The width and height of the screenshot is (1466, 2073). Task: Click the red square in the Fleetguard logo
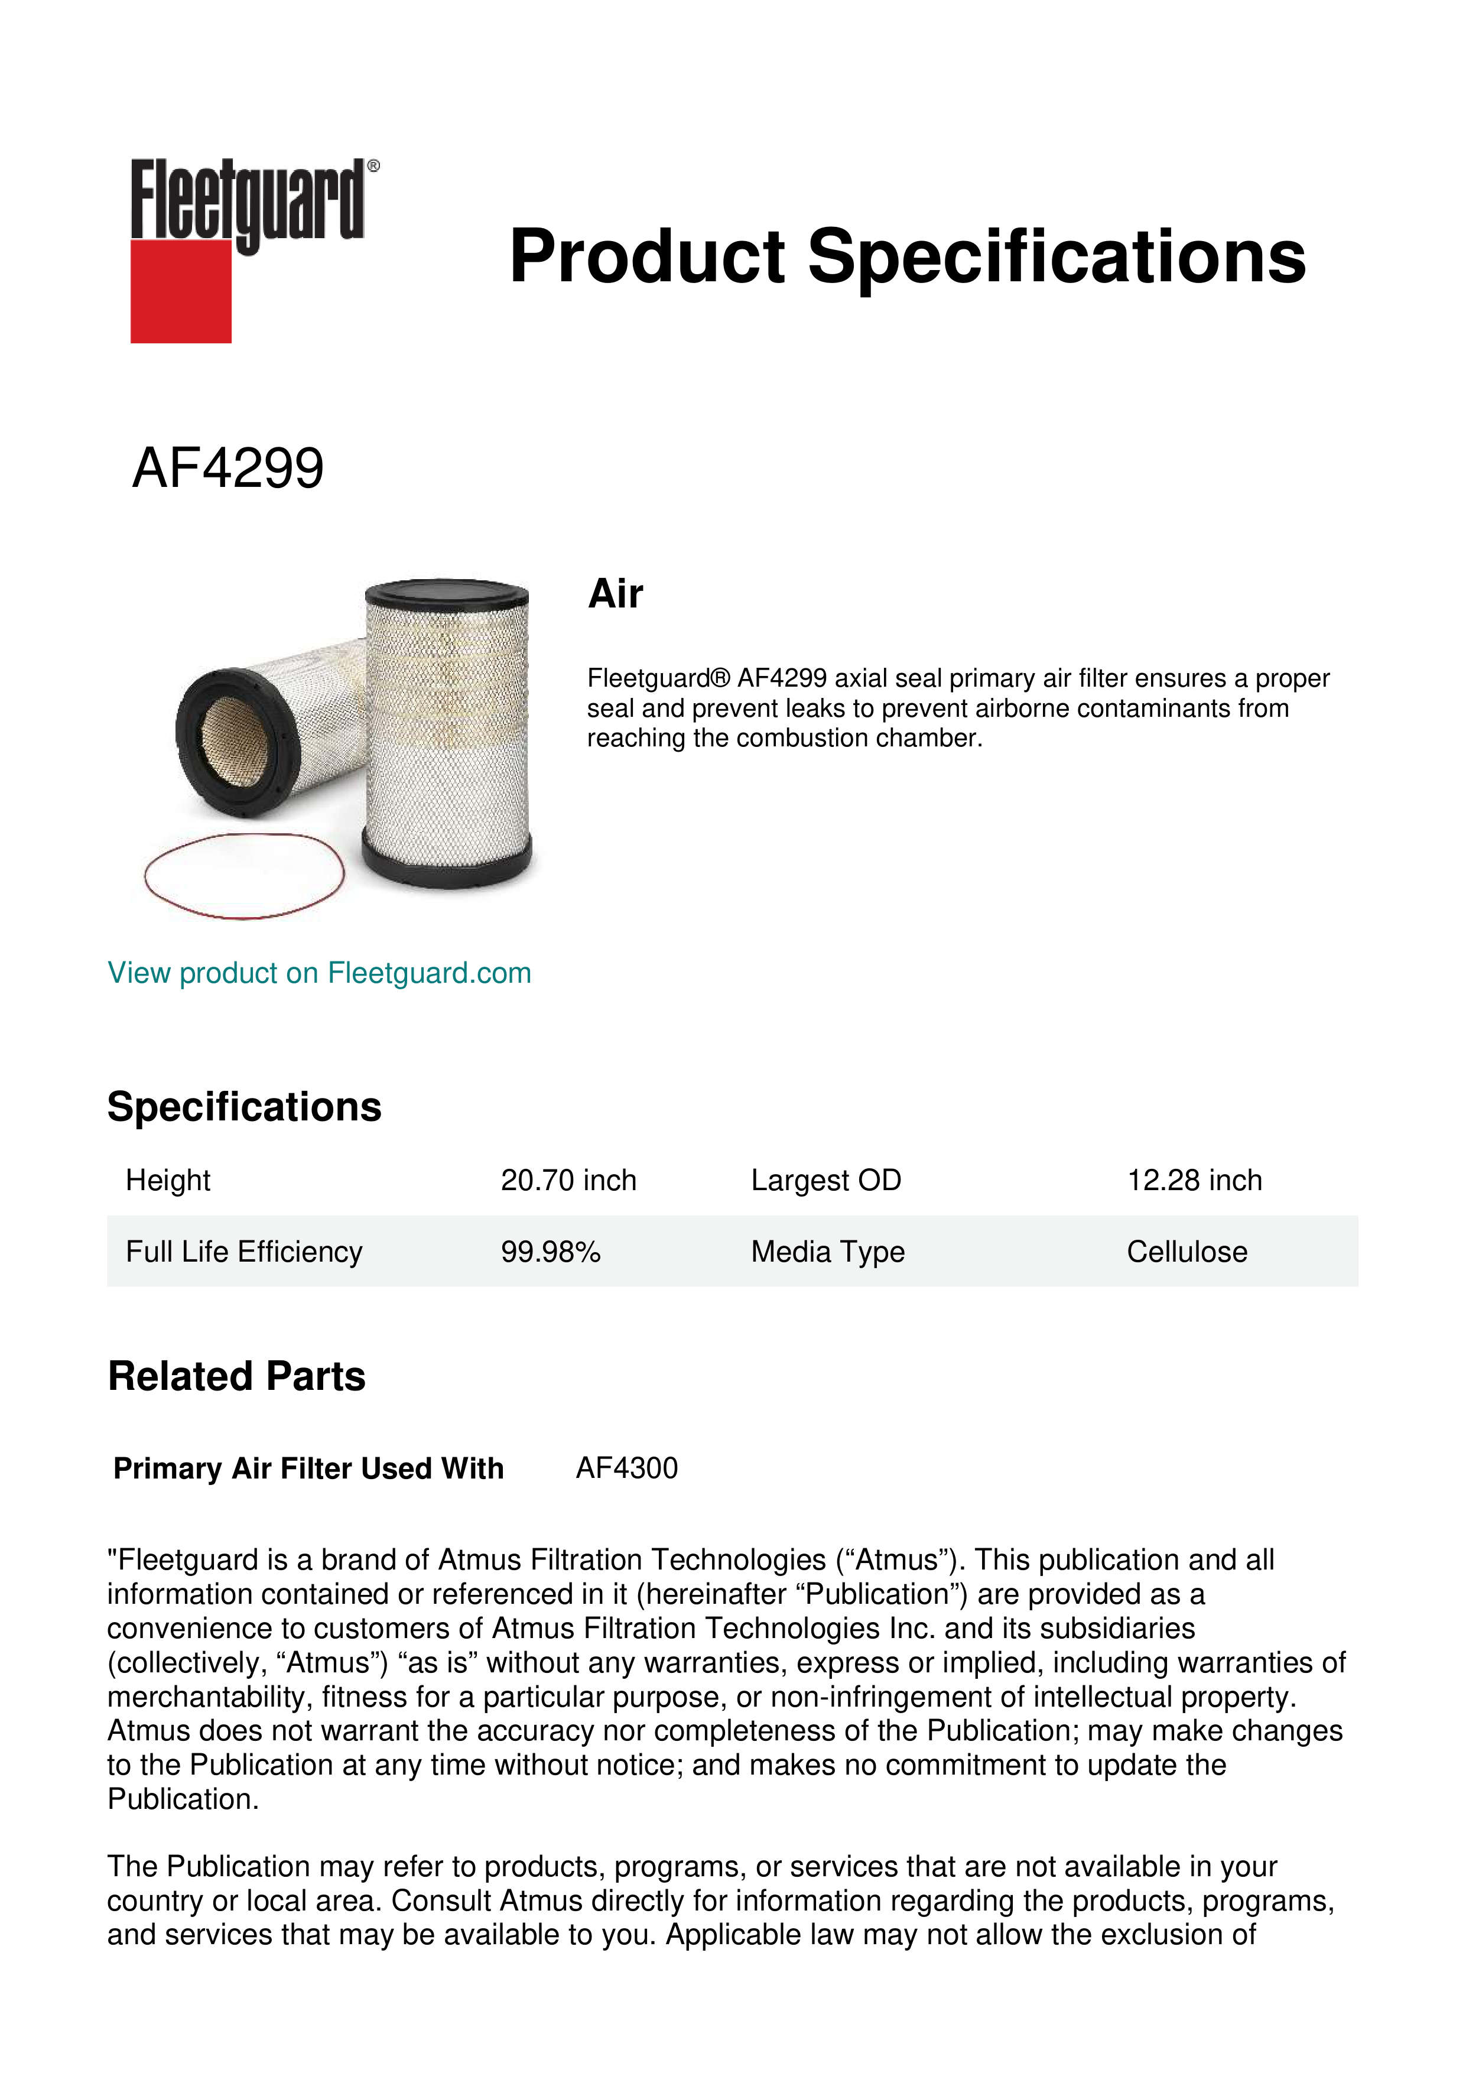coord(181,291)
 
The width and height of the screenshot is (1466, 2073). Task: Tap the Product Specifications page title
coord(907,256)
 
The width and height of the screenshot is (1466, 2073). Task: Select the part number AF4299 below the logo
coord(227,469)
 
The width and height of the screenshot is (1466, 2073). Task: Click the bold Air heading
coord(616,594)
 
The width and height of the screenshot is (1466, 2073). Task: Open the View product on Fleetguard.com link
coord(320,973)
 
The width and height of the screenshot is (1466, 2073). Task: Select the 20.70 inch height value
coord(568,1180)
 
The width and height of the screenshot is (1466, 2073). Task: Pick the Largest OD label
coord(826,1180)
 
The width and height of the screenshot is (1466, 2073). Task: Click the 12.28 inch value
coord(1194,1180)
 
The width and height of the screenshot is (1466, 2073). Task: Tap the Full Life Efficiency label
coord(243,1252)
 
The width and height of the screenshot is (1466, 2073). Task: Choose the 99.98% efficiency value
coord(551,1252)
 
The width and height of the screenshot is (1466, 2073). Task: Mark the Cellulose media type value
coord(1187,1252)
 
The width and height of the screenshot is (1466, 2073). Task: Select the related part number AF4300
coord(626,1468)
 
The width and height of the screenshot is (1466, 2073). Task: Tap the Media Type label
coord(828,1252)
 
